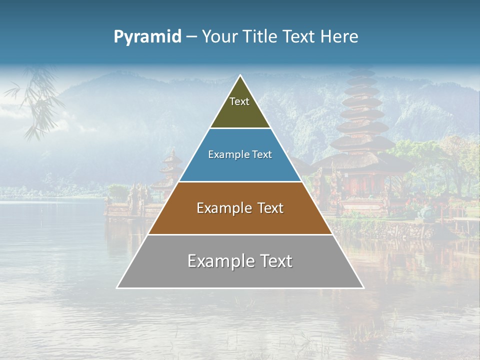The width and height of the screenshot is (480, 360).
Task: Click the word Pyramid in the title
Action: point(147,37)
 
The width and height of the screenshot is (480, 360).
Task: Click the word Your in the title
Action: point(219,37)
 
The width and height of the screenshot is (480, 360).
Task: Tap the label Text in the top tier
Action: point(239,101)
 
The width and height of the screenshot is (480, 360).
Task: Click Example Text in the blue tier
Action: point(240,154)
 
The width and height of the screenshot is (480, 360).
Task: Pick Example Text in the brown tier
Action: point(240,208)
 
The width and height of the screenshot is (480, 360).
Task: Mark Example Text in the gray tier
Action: point(240,261)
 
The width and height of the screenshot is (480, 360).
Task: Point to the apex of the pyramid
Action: point(240,76)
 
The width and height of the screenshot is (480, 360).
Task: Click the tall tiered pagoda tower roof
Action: point(361,115)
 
